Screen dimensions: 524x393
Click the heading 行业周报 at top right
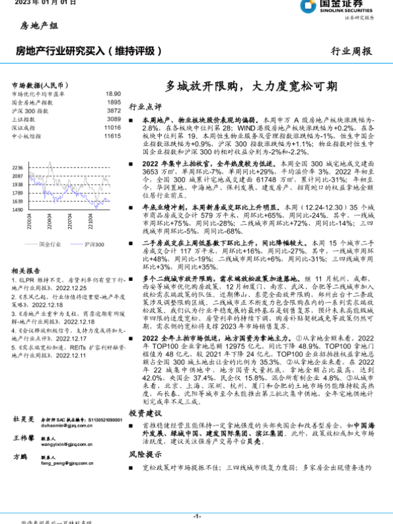(x=352, y=50)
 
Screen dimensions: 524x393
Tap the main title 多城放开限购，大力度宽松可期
(x=251, y=86)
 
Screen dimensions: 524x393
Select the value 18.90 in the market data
(x=113, y=94)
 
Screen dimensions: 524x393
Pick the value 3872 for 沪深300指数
(x=114, y=111)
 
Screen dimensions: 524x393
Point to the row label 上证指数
(x=24, y=120)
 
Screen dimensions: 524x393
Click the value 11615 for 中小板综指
(x=113, y=136)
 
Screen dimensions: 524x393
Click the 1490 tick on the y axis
(x=18, y=210)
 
